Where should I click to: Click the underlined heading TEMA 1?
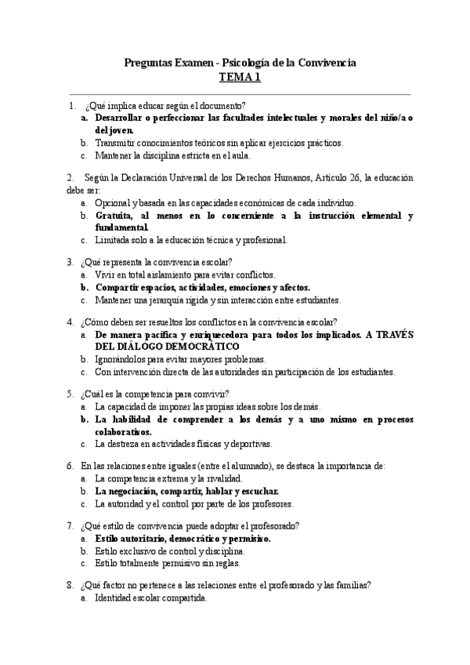pyautogui.click(x=240, y=77)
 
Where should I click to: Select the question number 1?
pyautogui.click(x=72, y=105)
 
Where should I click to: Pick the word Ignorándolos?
pyautogui.click(x=122, y=358)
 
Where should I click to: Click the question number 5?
pyautogui.click(x=70, y=394)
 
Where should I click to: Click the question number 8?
pyautogui.click(x=70, y=585)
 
